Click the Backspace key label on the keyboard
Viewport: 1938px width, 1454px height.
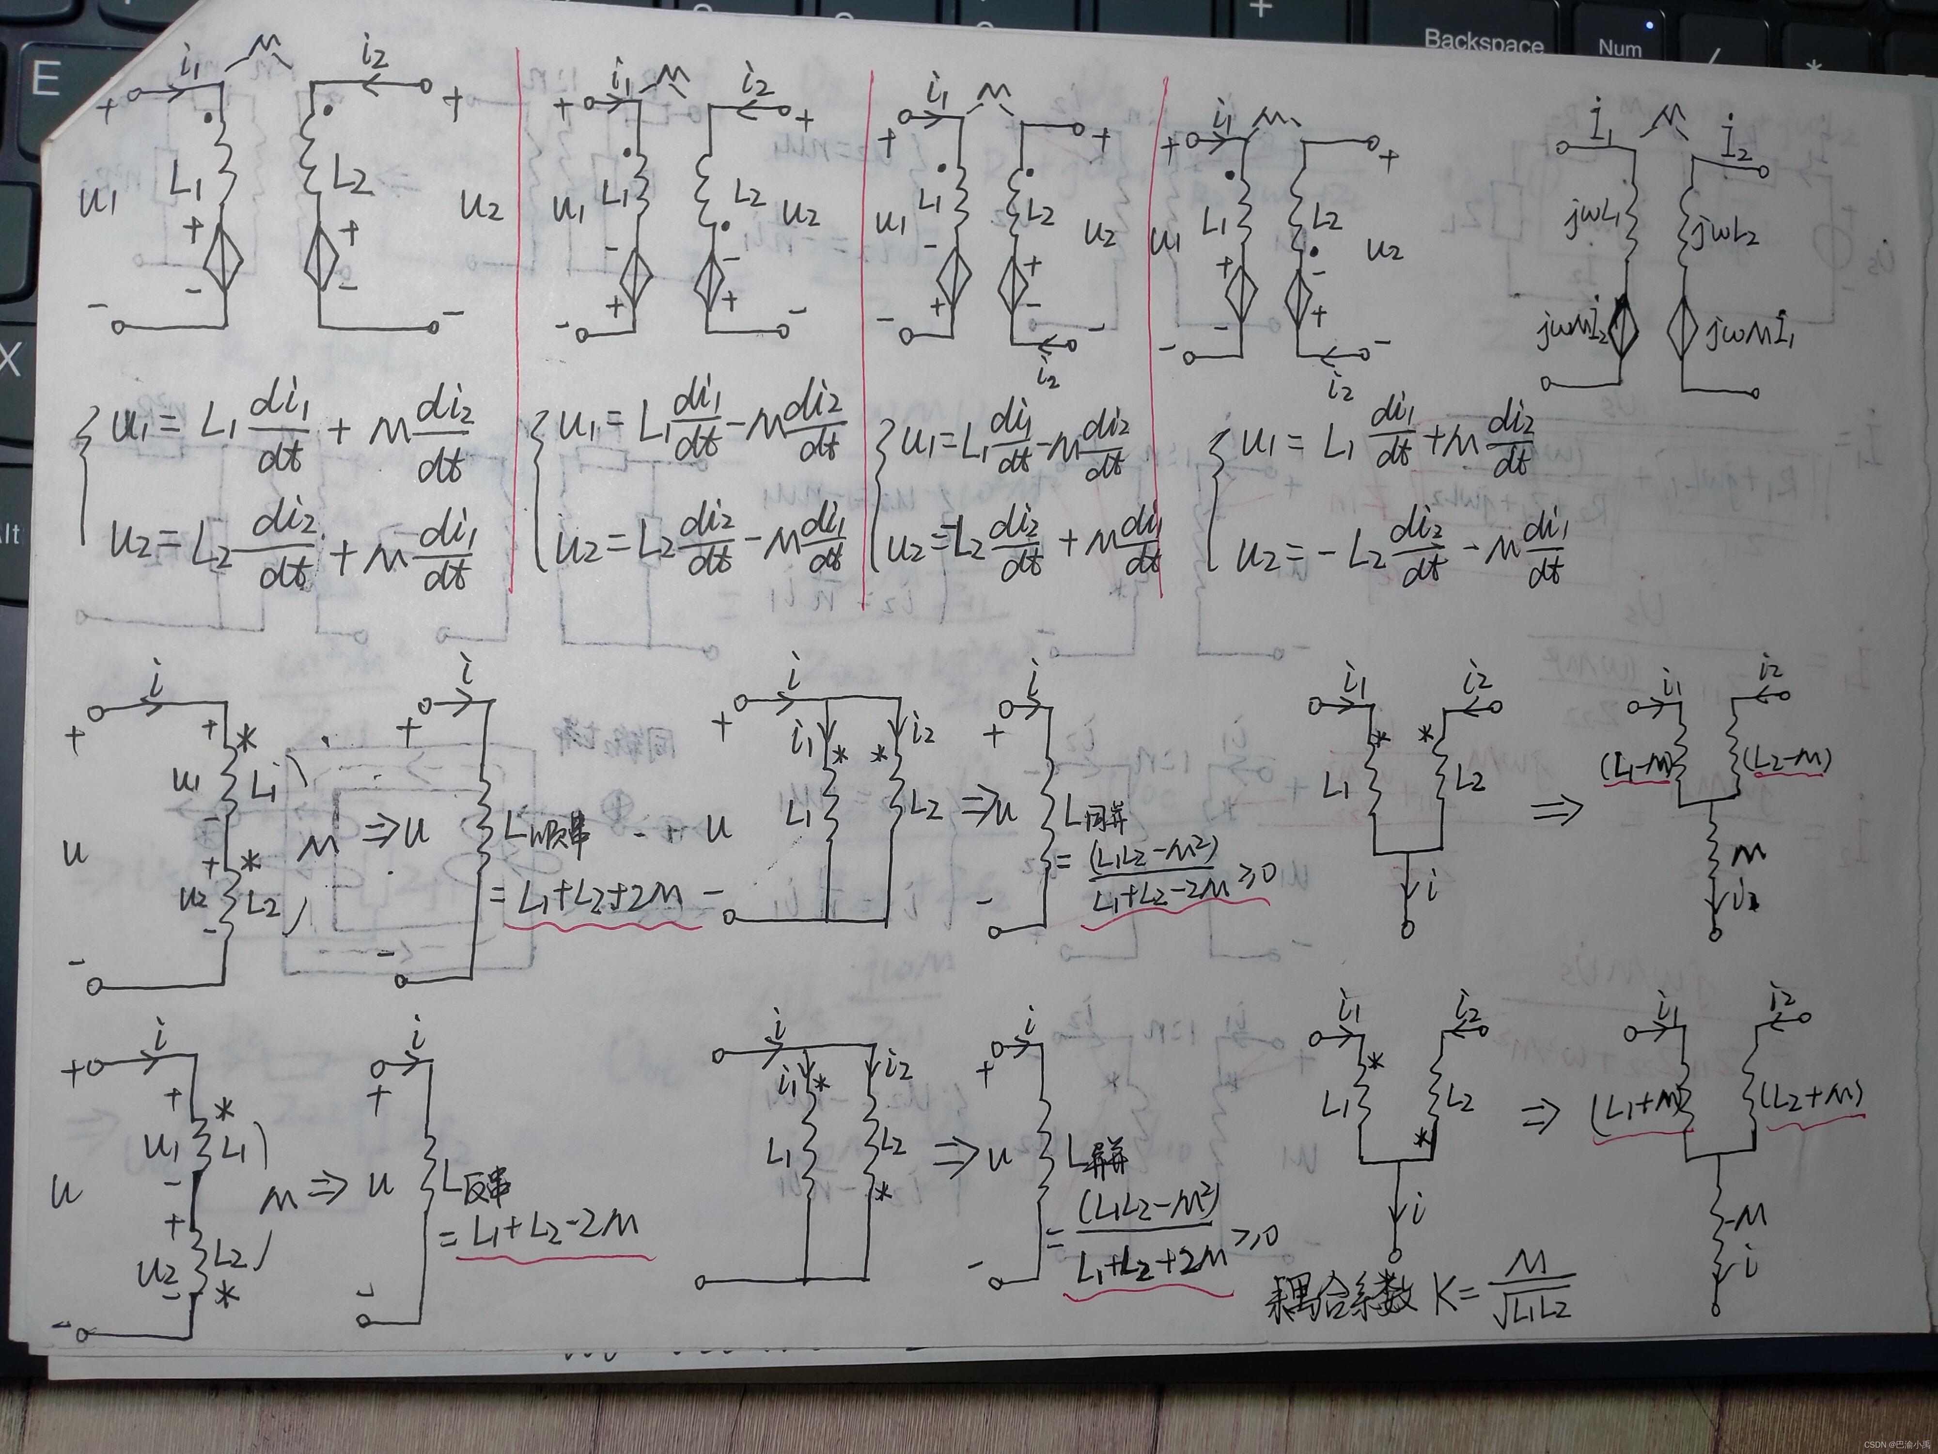tap(1483, 42)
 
